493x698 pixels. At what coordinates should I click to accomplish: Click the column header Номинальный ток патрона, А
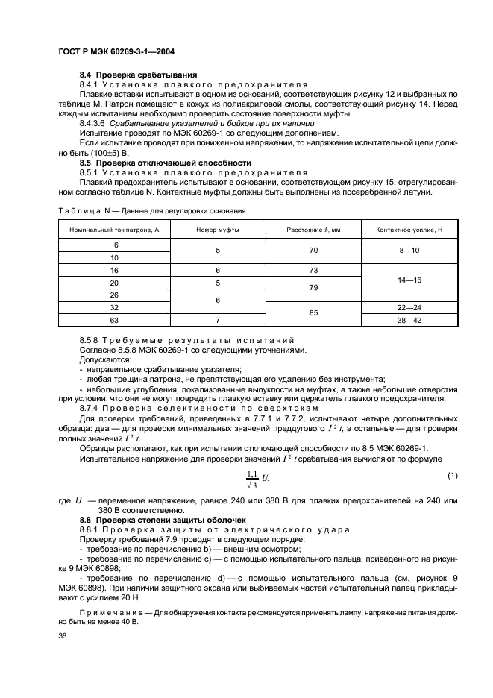point(115,230)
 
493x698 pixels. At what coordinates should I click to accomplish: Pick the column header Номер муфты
point(218,230)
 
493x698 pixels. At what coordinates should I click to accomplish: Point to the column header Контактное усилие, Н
point(409,230)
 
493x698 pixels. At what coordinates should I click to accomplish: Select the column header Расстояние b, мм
point(313,230)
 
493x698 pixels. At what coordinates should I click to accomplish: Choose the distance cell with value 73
point(313,270)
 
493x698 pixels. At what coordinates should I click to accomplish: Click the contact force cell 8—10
point(409,251)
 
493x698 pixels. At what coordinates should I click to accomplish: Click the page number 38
point(62,636)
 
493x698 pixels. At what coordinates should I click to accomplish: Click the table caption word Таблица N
point(83,211)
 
